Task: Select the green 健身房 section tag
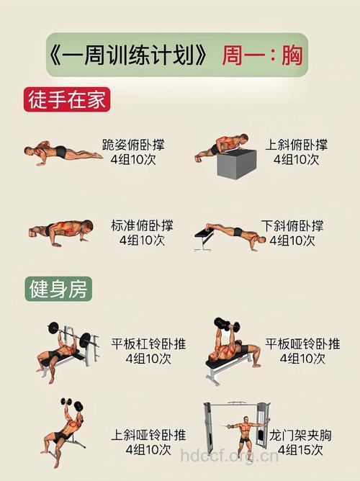[x=58, y=289]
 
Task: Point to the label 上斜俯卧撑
[x=297, y=145]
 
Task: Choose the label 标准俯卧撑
[x=142, y=225]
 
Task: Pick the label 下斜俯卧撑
[x=292, y=225]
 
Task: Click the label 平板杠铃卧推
[x=148, y=343]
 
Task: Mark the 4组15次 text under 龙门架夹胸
[x=301, y=451]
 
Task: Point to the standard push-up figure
[x=61, y=231]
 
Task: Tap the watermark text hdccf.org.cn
[x=229, y=456]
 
